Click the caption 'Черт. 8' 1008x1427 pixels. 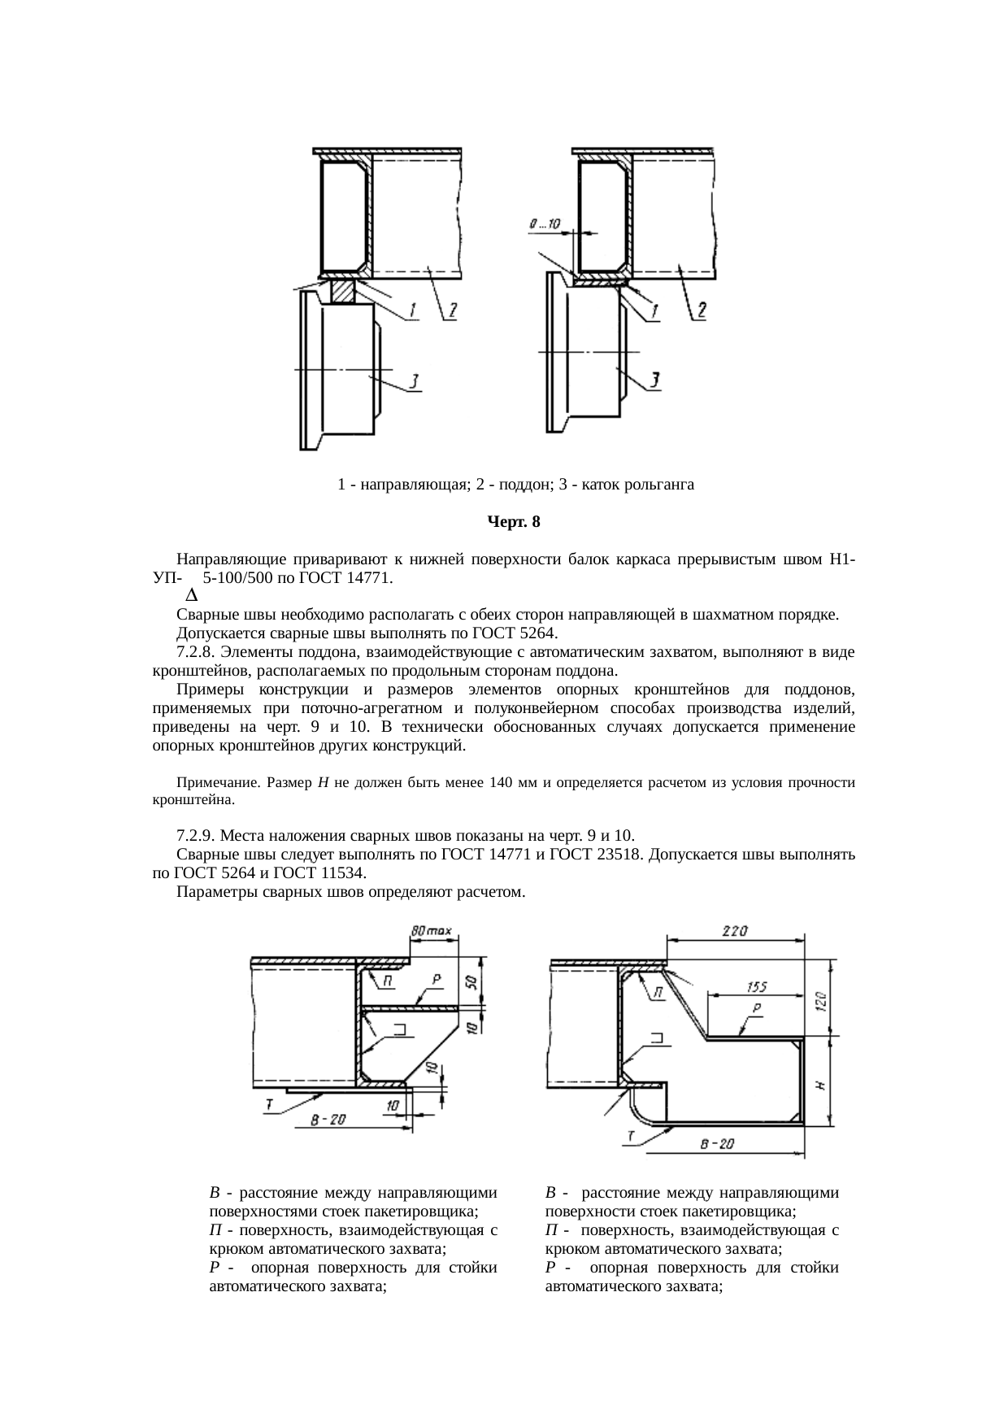(x=513, y=522)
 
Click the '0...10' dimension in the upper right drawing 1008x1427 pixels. (x=545, y=223)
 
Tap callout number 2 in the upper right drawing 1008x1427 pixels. (x=700, y=311)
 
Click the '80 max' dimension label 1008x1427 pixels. (x=432, y=929)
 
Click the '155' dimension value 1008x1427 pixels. (x=757, y=987)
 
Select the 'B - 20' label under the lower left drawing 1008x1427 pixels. (x=328, y=1120)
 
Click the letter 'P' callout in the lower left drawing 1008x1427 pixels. (x=437, y=981)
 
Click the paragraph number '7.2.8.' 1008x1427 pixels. (x=198, y=652)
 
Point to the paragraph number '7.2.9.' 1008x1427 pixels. (x=198, y=836)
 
